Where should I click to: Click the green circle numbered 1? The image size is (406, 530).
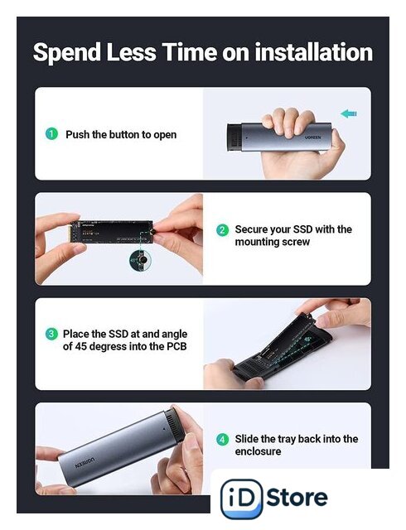point(51,134)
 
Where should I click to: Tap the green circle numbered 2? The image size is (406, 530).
point(222,230)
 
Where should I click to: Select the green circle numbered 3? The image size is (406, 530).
point(51,334)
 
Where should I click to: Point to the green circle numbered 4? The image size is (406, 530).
point(222,440)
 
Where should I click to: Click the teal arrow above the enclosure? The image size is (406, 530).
point(349,113)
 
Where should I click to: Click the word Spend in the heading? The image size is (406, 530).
point(67,53)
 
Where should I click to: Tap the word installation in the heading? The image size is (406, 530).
point(314,52)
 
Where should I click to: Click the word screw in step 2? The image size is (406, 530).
point(297,242)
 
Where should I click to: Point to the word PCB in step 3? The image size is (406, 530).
point(176,346)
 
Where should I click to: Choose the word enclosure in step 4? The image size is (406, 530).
point(258,451)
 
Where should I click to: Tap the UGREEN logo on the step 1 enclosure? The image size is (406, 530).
point(312,137)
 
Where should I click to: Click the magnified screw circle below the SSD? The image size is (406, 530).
point(141,260)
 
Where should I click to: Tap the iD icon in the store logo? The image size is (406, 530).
point(241,499)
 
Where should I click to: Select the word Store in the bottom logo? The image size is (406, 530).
point(297,497)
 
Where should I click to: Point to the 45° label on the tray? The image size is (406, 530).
point(308,339)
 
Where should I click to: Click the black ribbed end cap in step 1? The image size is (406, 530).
point(234,137)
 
